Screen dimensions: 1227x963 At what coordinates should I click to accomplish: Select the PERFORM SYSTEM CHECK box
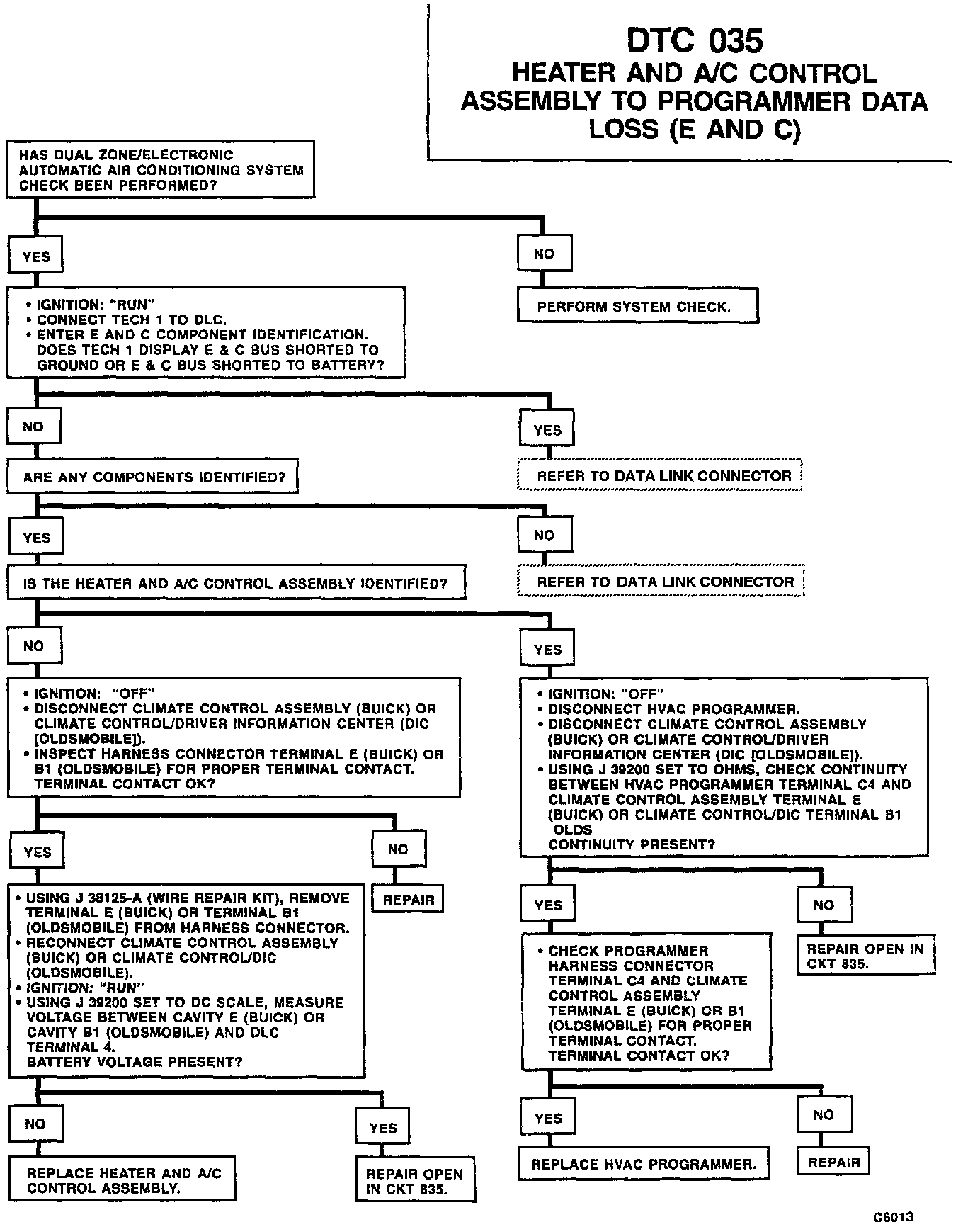pos(637,306)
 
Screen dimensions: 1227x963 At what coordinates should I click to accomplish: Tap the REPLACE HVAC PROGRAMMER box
pos(644,1164)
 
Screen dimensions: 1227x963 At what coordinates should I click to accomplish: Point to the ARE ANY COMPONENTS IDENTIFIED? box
pos(152,477)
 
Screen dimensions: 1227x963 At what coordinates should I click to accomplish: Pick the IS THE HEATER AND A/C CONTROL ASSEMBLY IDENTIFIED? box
pos(237,583)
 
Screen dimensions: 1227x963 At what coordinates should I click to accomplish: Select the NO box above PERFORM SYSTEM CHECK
pos(544,254)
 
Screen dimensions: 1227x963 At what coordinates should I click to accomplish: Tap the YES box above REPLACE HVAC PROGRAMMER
pos(548,1118)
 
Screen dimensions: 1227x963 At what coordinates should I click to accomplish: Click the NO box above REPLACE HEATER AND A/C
pos(35,1124)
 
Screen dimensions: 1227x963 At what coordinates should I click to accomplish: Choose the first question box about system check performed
pos(160,170)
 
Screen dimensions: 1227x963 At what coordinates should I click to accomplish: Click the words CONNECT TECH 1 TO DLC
pos(132,320)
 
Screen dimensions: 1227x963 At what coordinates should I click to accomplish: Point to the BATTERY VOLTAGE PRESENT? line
pos(135,1062)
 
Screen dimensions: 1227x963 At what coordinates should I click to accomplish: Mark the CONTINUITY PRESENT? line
pos(632,844)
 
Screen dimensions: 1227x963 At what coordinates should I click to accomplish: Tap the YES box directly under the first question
pos(35,256)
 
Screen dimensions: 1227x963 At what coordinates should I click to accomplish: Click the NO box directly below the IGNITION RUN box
pos(33,427)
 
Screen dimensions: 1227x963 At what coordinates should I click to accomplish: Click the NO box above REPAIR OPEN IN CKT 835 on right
pos(824,905)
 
